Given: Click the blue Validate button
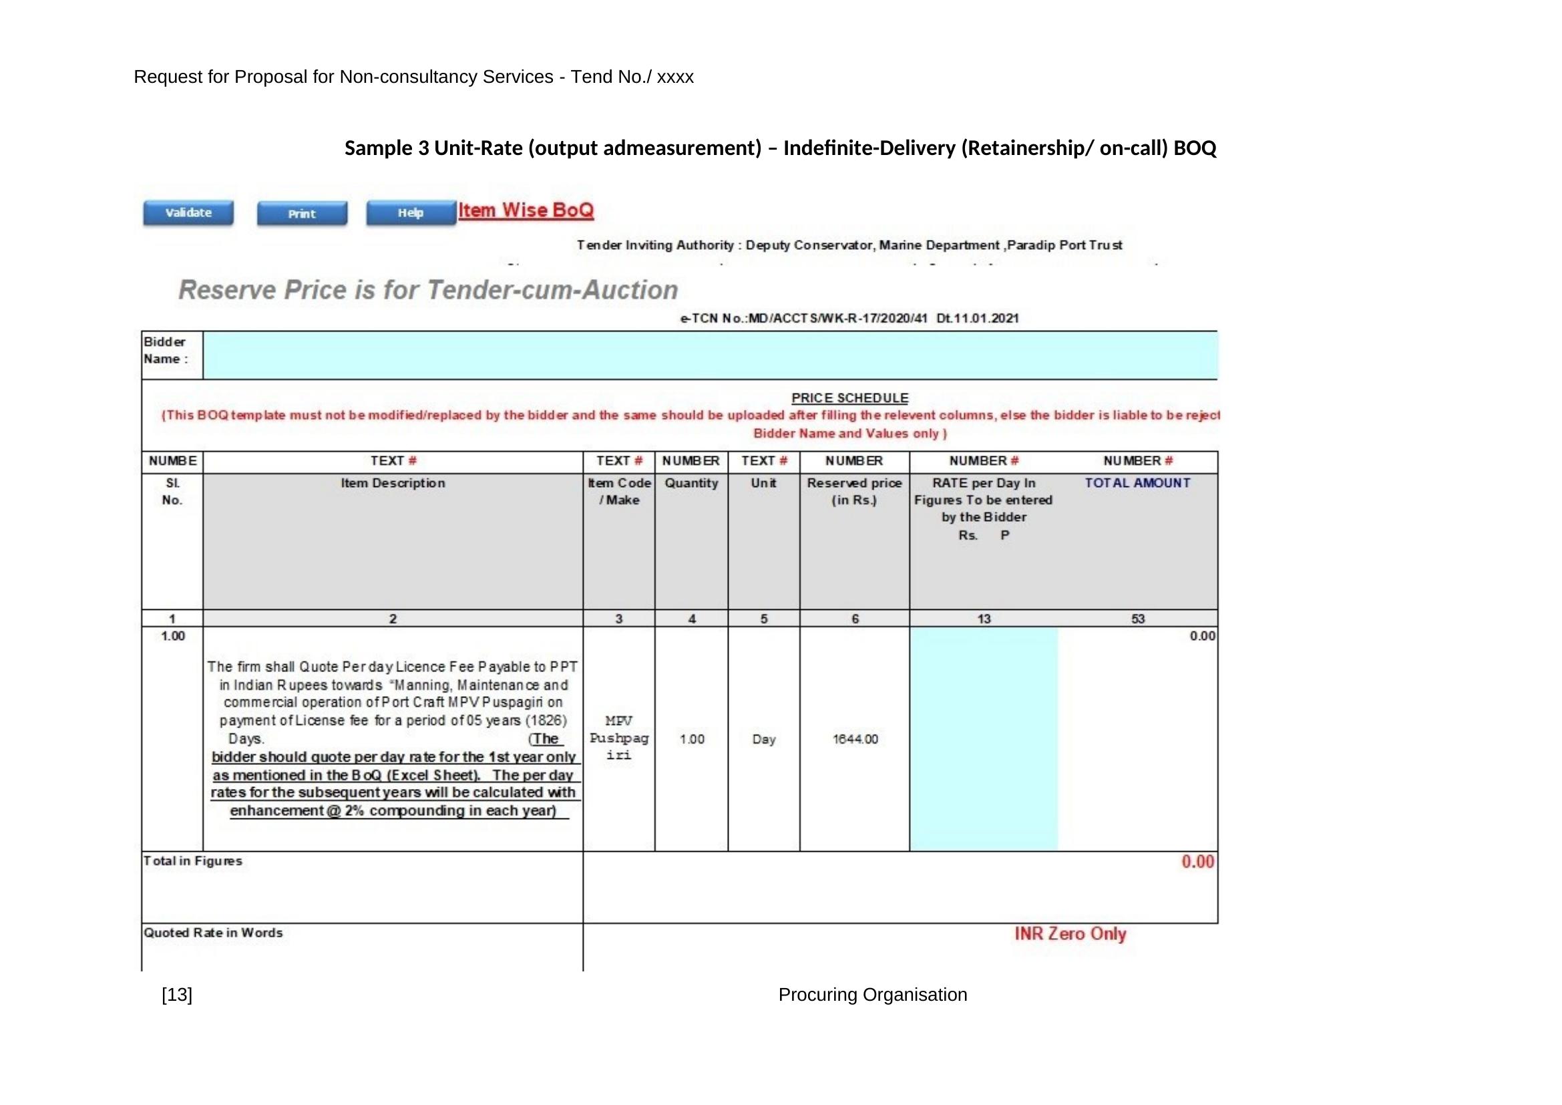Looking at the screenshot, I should tap(188, 213).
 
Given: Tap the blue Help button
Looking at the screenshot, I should tap(410, 213).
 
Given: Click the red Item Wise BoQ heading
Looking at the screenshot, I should tap(525, 210).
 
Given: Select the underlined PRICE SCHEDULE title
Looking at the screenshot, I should tap(849, 398).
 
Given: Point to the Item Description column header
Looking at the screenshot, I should tap(393, 483).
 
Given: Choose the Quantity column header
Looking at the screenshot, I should tap(691, 483).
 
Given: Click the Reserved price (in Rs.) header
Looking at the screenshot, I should tap(854, 491).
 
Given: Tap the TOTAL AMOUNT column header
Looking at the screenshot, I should tap(1137, 483).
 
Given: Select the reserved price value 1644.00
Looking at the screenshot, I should tap(855, 739).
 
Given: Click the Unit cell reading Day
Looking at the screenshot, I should tap(763, 739).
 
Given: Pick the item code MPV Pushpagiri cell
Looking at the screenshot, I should tap(618, 738).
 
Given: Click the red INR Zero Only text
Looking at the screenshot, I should tap(1069, 933).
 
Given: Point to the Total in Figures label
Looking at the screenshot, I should tap(192, 860).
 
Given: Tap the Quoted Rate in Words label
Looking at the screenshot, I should tap(212, 933).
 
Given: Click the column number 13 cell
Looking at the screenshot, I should tap(983, 619).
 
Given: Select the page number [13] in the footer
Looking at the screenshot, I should tap(177, 995).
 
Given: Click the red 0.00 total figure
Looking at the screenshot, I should tap(1197, 862).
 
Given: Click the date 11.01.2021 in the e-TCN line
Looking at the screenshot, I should tap(977, 319).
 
